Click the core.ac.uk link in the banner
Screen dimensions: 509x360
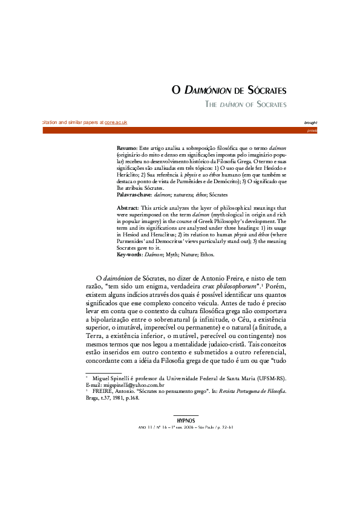pyautogui.click(x=116, y=122)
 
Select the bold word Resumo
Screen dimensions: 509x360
pyautogui.click(x=126, y=148)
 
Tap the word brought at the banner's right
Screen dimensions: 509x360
pyautogui.click(x=311, y=122)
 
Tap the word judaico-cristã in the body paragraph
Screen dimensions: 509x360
pyautogui.click(x=264, y=342)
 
